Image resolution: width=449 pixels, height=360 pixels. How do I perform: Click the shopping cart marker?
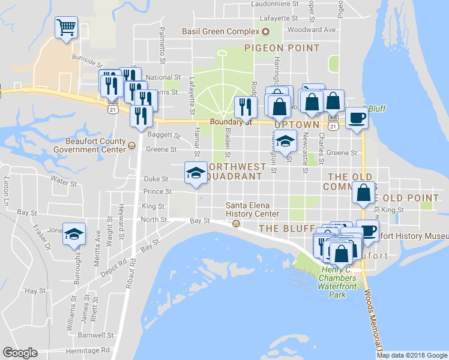coord(66,27)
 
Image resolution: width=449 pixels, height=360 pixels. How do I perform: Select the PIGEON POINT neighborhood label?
coord(282,47)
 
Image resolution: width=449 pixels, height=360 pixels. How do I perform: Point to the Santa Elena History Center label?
coord(252,209)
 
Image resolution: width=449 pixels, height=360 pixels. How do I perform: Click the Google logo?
coord(20,353)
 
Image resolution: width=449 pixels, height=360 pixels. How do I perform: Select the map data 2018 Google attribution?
coord(412,355)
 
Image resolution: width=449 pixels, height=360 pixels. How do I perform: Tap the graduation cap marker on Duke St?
coord(195,173)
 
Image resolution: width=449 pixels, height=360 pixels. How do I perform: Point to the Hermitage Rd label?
coord(89,350)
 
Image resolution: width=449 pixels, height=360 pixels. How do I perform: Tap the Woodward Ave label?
coord(311,29)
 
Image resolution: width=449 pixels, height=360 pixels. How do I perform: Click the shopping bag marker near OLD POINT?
coord(364,193)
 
